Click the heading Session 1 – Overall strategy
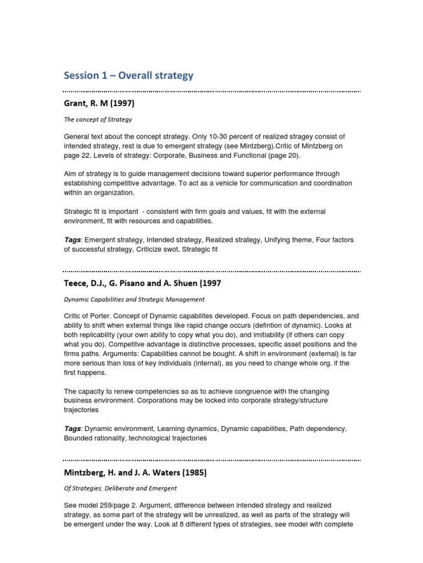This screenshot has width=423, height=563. pyautogui.click(x=128, y=75)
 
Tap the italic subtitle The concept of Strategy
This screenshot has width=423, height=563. pyautogui.click(x=98, y=119)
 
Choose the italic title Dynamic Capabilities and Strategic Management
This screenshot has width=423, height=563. pyautogui.click(x=134, y=300)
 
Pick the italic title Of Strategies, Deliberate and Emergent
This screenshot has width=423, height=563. pyautogui.click(x=121, y=488)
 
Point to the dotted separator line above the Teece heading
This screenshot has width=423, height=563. pyautogui.click(x=212, y=271)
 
